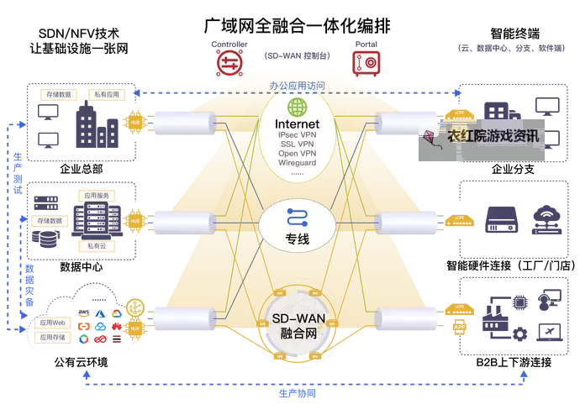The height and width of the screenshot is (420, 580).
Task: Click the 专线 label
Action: point(298,239)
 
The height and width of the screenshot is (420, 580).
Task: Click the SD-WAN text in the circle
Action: point(297,320)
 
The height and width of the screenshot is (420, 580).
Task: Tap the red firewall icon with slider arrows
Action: point(225,61)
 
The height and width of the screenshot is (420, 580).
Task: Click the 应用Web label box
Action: point(50,322)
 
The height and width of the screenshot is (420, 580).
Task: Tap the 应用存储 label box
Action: point(50,337)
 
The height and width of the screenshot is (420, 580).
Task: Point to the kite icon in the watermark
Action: point(433,136)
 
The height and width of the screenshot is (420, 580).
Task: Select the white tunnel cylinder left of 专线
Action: point(182,223)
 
